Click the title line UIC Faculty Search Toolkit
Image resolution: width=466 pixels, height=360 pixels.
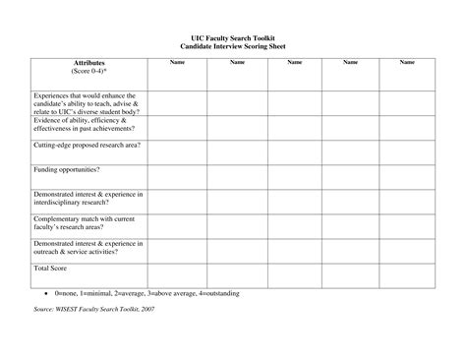(232, 37)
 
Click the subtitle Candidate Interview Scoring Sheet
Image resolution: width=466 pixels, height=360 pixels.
(232, 46)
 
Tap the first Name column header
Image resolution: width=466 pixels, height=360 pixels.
(177, 63)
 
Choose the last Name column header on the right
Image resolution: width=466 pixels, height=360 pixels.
(407, 63)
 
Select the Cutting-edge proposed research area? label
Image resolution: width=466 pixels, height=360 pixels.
(87, 145)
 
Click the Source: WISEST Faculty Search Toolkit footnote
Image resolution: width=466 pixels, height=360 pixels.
(93, 310)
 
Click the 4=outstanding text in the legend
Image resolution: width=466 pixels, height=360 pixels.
(217, 293)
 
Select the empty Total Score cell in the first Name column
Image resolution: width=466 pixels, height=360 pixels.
(177, 273)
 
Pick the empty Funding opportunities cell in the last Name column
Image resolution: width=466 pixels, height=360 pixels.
(407, 177)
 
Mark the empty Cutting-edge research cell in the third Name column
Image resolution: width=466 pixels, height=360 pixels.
(293, 151)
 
